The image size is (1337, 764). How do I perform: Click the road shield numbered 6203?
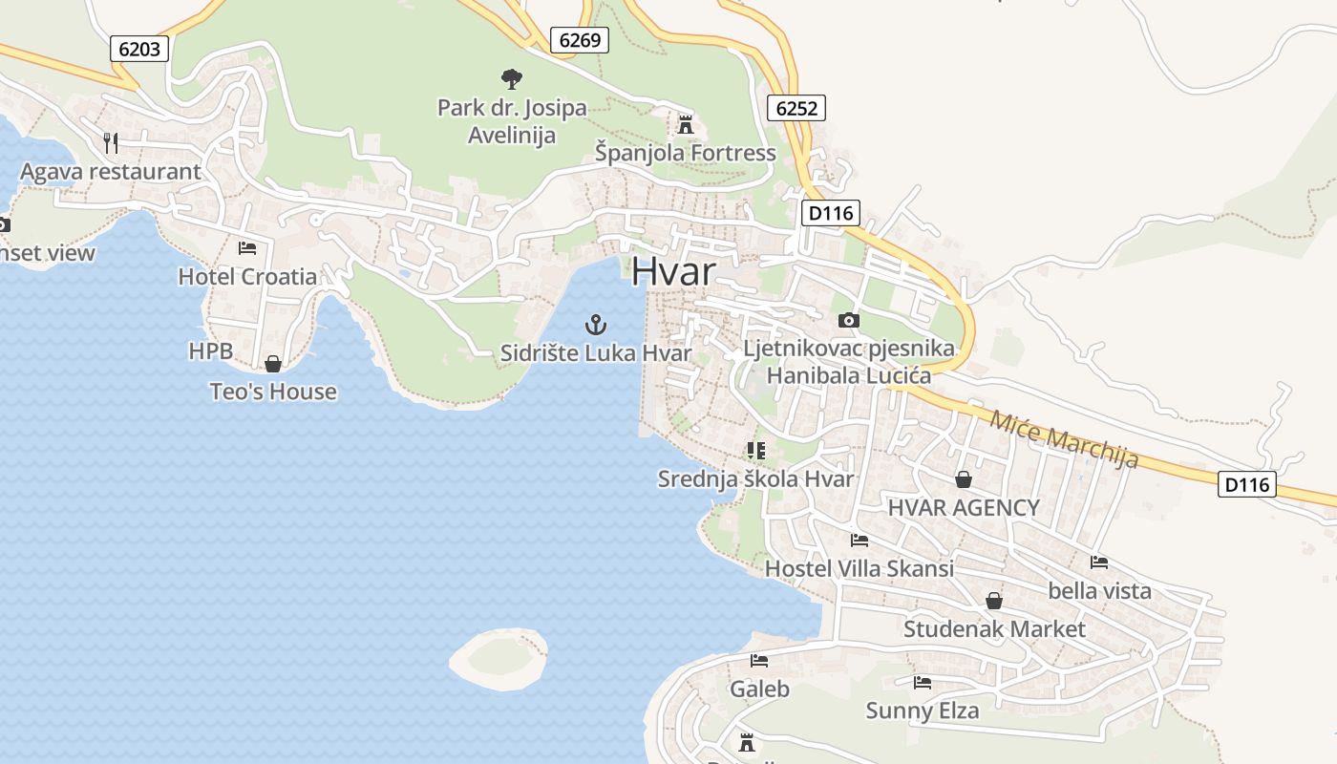[x=139, y=49]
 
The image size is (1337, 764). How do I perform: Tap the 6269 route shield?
[x=580, y=40]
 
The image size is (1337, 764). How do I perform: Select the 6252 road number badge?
[x=796, y=108]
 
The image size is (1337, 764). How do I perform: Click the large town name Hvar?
[x=672, y=272]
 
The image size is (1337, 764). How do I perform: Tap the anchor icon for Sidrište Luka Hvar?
[x=596, y=325]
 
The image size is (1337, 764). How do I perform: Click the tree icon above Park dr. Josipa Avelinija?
[x=512, y=78]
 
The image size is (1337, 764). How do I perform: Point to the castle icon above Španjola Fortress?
[x=685, y=124]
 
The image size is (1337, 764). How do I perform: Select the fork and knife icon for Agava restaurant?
[x=111, y=143]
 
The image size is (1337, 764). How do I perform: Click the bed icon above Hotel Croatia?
[x=247, y=248]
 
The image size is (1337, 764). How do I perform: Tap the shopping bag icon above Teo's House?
[x=273, y=363]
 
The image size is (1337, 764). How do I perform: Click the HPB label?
[x=210, y=351]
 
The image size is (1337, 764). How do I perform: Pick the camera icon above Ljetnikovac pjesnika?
[x=848, y=320]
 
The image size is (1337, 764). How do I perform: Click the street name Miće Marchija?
[x=1064, y=439]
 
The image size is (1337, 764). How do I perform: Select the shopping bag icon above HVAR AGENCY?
[x=963, y=478]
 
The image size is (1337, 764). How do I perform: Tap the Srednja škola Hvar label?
[x=755, y=479]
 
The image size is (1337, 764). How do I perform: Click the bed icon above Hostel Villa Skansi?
[x=859, y=541]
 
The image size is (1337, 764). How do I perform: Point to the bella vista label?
[x=1099, y=591]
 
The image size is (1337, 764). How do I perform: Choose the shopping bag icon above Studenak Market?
[x=994, y=601]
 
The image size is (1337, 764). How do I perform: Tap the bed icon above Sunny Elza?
[x=922, y=683]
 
